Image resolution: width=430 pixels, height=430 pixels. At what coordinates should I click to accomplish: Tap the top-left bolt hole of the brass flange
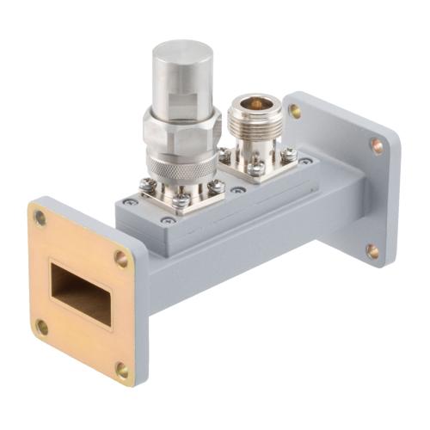click(x=40, y=218)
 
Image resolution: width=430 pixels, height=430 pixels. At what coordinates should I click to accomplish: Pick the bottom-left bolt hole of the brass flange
click(x=41, y=326)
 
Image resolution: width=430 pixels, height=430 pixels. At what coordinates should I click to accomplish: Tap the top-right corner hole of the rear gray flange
click(x=377, y=144)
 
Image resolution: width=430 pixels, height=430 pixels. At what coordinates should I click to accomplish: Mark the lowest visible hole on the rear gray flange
click(x=372, y=251)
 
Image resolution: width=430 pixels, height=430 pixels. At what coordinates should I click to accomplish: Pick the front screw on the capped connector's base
click(x=181, y=202)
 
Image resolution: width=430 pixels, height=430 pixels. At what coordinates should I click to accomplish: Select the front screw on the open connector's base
click(x=257, y=169)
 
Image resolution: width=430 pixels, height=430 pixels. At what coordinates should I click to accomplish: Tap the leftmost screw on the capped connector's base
click(x=144, y=185)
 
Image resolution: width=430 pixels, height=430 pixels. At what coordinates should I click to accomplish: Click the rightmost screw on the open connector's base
click(x=289, y=155)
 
